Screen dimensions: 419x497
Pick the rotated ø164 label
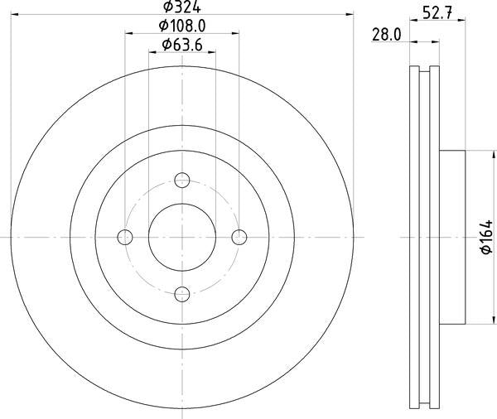485,238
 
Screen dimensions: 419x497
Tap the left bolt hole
126,237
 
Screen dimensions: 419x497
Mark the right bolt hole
239,237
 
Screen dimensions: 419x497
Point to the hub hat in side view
454,237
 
